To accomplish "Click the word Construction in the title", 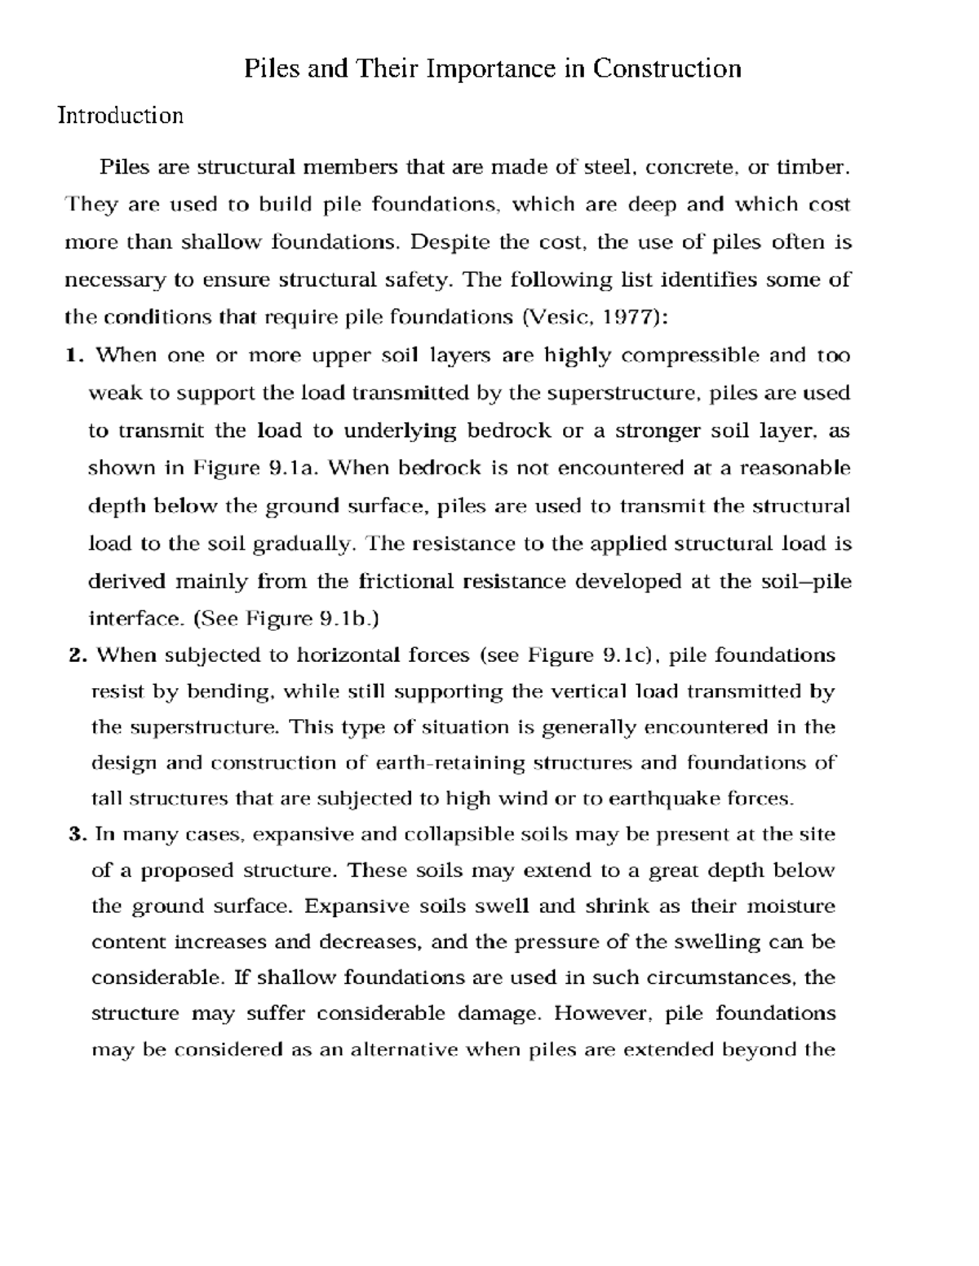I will [x=667, y=68].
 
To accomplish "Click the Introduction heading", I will [x=121, y=116].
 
